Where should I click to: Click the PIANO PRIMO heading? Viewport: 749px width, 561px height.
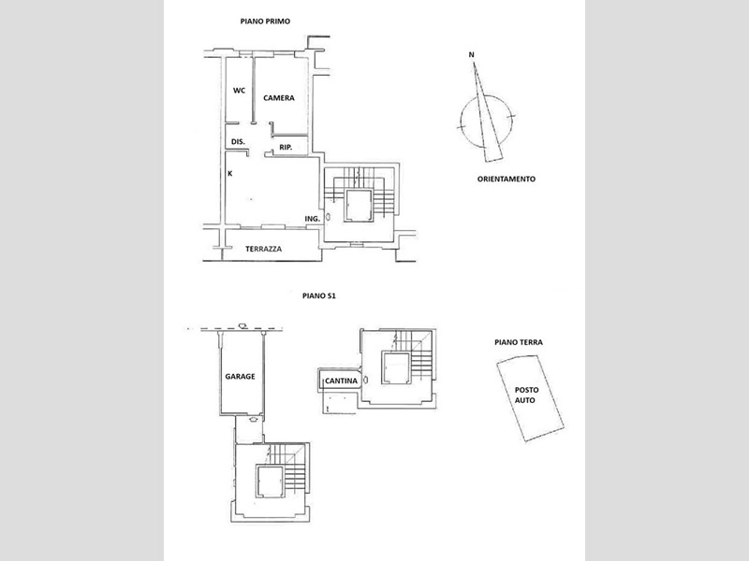[x=265, y=22]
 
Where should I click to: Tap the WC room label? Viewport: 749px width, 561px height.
[x=239, y=90]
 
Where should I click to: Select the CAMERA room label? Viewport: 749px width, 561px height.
[x=279, y=98]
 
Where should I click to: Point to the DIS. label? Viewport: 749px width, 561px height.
[x=238, y=142]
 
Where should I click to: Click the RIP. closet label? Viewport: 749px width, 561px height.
[x=286, y=148]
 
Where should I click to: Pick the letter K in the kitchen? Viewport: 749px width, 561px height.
[x=229, y=174]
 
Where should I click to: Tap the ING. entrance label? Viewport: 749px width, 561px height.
[x=313, y=219]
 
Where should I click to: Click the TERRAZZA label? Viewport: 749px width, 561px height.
[x=264, y=249]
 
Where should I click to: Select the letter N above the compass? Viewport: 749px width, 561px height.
[x=472, y=55]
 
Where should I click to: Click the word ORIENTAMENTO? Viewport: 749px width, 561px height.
[x=507, y=179]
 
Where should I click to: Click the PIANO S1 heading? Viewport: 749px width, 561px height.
[x=319, y=295]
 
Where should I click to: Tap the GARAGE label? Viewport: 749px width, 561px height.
[x=240, y=377]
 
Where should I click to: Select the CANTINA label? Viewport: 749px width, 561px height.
[x=341, y=381]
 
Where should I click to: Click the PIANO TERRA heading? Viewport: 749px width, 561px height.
[x=519, y=342]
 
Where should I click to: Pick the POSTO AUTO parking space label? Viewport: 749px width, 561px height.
[x=525, y=395]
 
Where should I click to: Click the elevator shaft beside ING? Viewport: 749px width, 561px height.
[x=359, y=205]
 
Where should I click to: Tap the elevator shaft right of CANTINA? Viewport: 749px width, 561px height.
[x=396, y=367]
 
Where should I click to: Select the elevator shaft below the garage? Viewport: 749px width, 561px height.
[x=271, y=482]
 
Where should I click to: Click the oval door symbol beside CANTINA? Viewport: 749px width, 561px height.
[x=365, y=381]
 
